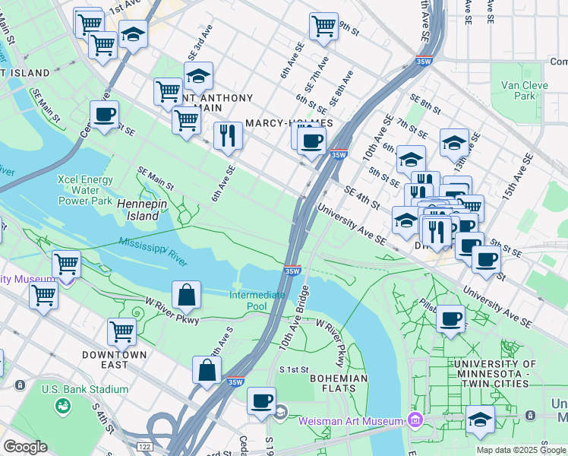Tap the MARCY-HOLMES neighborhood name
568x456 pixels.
pos(289,123)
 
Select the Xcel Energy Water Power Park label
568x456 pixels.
pos(86,191)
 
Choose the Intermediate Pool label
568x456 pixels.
pos(257,300)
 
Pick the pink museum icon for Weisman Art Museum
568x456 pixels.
pos(415,420)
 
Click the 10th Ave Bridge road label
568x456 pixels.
pos(294,318)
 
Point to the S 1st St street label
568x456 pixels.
pos(294,369)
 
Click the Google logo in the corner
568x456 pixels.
pos(25,447)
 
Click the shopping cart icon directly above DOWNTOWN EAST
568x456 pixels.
pos(121,331)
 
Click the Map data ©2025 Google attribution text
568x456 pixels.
pos(521,450)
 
